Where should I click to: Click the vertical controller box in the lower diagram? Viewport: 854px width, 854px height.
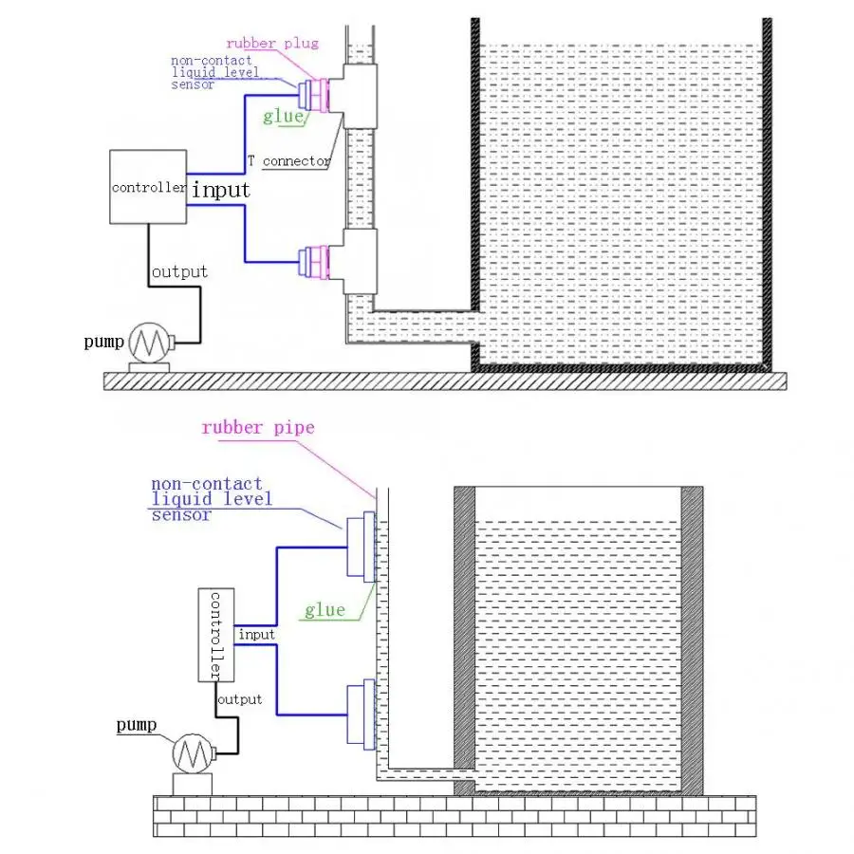(x=215, y=635)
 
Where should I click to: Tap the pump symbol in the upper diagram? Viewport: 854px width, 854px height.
(x=148, y=341)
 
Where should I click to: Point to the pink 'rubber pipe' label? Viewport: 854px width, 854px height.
(x=257, y=428)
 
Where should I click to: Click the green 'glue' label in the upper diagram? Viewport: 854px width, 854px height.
(x=283, y=117)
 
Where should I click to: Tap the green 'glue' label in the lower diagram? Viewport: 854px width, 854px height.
(x=325, y=610)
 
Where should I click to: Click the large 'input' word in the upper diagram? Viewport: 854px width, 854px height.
(x=221, y=190)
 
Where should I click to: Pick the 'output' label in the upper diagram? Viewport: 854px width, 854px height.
(x=179, y=272)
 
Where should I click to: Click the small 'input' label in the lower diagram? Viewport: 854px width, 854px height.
(x=256, y=634)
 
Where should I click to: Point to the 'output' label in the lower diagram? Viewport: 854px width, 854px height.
(x=239, y=699)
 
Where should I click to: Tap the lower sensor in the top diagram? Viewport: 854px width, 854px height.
(x=311, y=260)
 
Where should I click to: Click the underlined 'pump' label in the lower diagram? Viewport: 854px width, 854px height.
(x=136, y=726)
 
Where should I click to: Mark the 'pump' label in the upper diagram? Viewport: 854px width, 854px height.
(x=103, y=341)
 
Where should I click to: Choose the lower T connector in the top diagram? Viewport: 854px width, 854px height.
(x=359, y=256)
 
